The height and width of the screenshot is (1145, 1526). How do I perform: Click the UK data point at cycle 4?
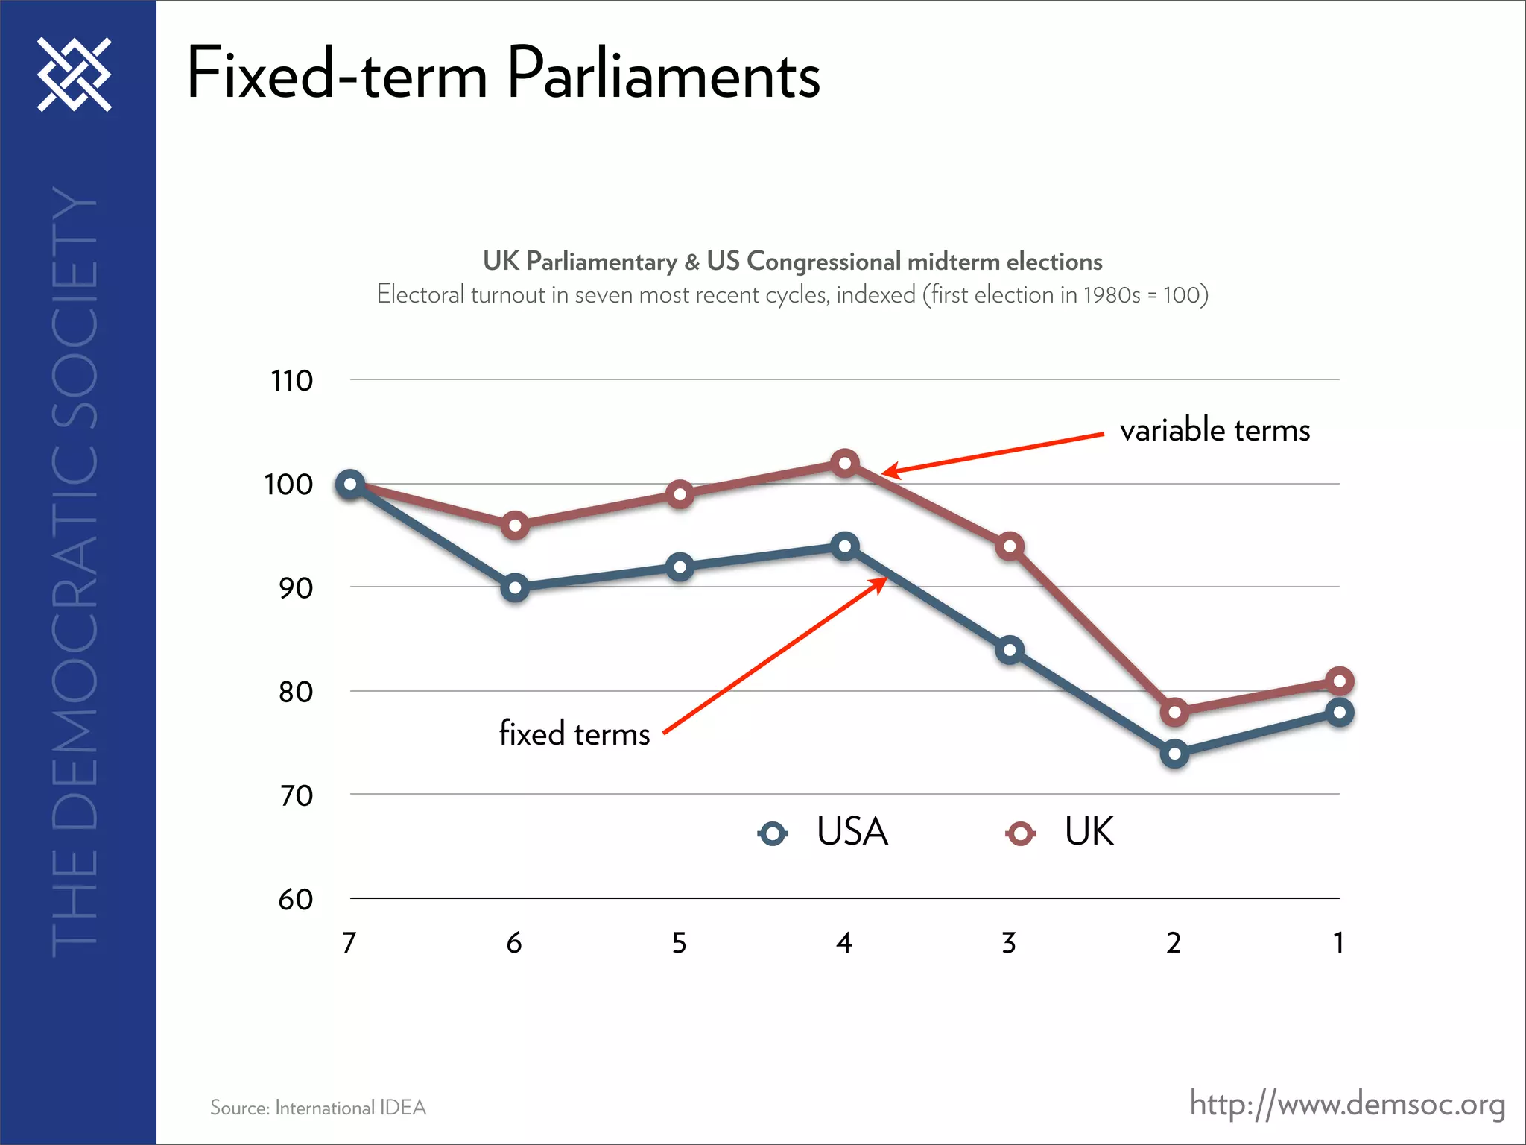844,463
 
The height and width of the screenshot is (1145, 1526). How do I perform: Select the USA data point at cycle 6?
515,587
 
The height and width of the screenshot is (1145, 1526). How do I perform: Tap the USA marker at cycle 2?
1174,754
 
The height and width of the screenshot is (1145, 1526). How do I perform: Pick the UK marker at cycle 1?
1340,681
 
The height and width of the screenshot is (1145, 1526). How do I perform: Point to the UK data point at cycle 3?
1010,546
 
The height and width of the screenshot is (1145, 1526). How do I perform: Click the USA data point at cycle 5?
680,567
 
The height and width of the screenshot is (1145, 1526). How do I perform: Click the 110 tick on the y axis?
291,381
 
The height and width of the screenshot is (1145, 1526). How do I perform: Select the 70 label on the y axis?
296,796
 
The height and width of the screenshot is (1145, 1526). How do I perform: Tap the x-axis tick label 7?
349,943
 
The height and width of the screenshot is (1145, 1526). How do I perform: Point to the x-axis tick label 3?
1009,943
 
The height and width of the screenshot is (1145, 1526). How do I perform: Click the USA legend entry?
823,832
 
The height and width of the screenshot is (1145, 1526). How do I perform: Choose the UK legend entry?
1060,832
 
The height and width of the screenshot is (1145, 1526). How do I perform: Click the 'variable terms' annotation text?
1215,430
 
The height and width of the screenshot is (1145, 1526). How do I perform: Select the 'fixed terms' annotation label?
574,734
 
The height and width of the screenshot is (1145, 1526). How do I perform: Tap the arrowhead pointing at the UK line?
891,470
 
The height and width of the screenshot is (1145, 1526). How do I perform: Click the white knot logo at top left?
75,75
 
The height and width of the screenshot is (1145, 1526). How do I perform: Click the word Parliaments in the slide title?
663,75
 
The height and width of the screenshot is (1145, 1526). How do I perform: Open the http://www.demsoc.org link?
1347,1104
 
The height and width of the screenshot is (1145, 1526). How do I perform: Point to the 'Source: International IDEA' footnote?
318,1108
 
